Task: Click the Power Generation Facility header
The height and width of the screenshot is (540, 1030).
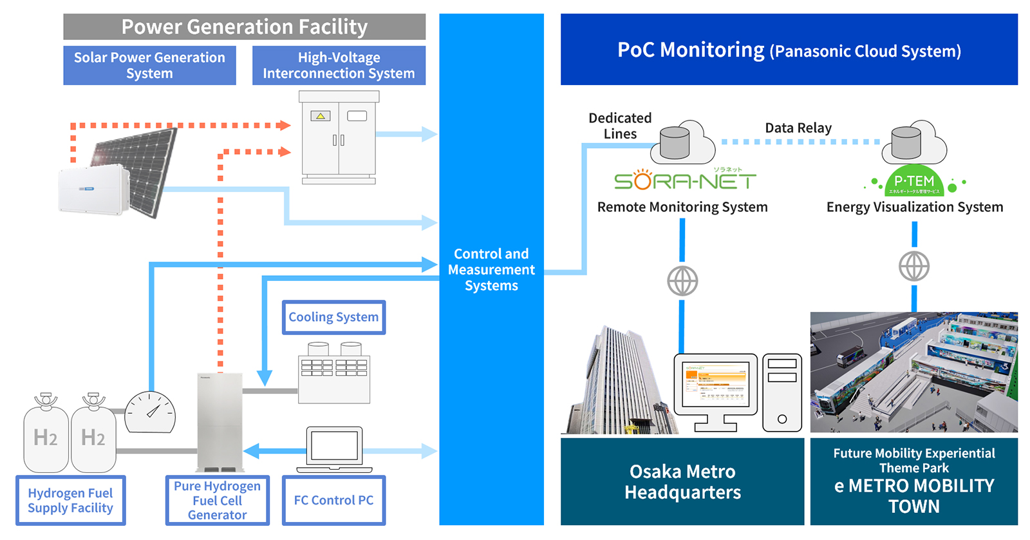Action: tap(244, 27)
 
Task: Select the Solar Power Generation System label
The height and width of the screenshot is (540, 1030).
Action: tap(149, 65)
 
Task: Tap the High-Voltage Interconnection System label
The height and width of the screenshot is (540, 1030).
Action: tap(339, 65)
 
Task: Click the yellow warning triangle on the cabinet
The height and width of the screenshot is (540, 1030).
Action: tap(321, 116)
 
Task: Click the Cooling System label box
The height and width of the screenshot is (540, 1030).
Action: tap(333, 317)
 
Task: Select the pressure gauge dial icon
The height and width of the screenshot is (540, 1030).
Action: tap(150, 412)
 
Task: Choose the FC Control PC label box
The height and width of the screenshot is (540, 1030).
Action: tap(333, 500)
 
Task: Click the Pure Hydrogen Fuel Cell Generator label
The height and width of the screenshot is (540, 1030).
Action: tap(217, 500)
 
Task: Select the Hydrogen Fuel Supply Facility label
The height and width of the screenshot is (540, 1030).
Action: tap(70, 500)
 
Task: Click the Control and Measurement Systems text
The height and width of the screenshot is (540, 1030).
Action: tap(491, 269)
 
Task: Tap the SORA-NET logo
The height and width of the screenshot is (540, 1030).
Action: tap(684, 180)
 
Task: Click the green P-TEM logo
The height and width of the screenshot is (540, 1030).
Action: tap(914, 182)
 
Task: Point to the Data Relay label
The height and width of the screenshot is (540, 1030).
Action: tap(798, 128)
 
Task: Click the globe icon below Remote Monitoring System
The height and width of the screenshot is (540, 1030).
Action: tap(682, 281)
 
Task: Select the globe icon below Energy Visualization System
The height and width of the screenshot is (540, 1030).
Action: tap(914, 266)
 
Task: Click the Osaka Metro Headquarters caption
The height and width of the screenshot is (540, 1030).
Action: tap(682, 481)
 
